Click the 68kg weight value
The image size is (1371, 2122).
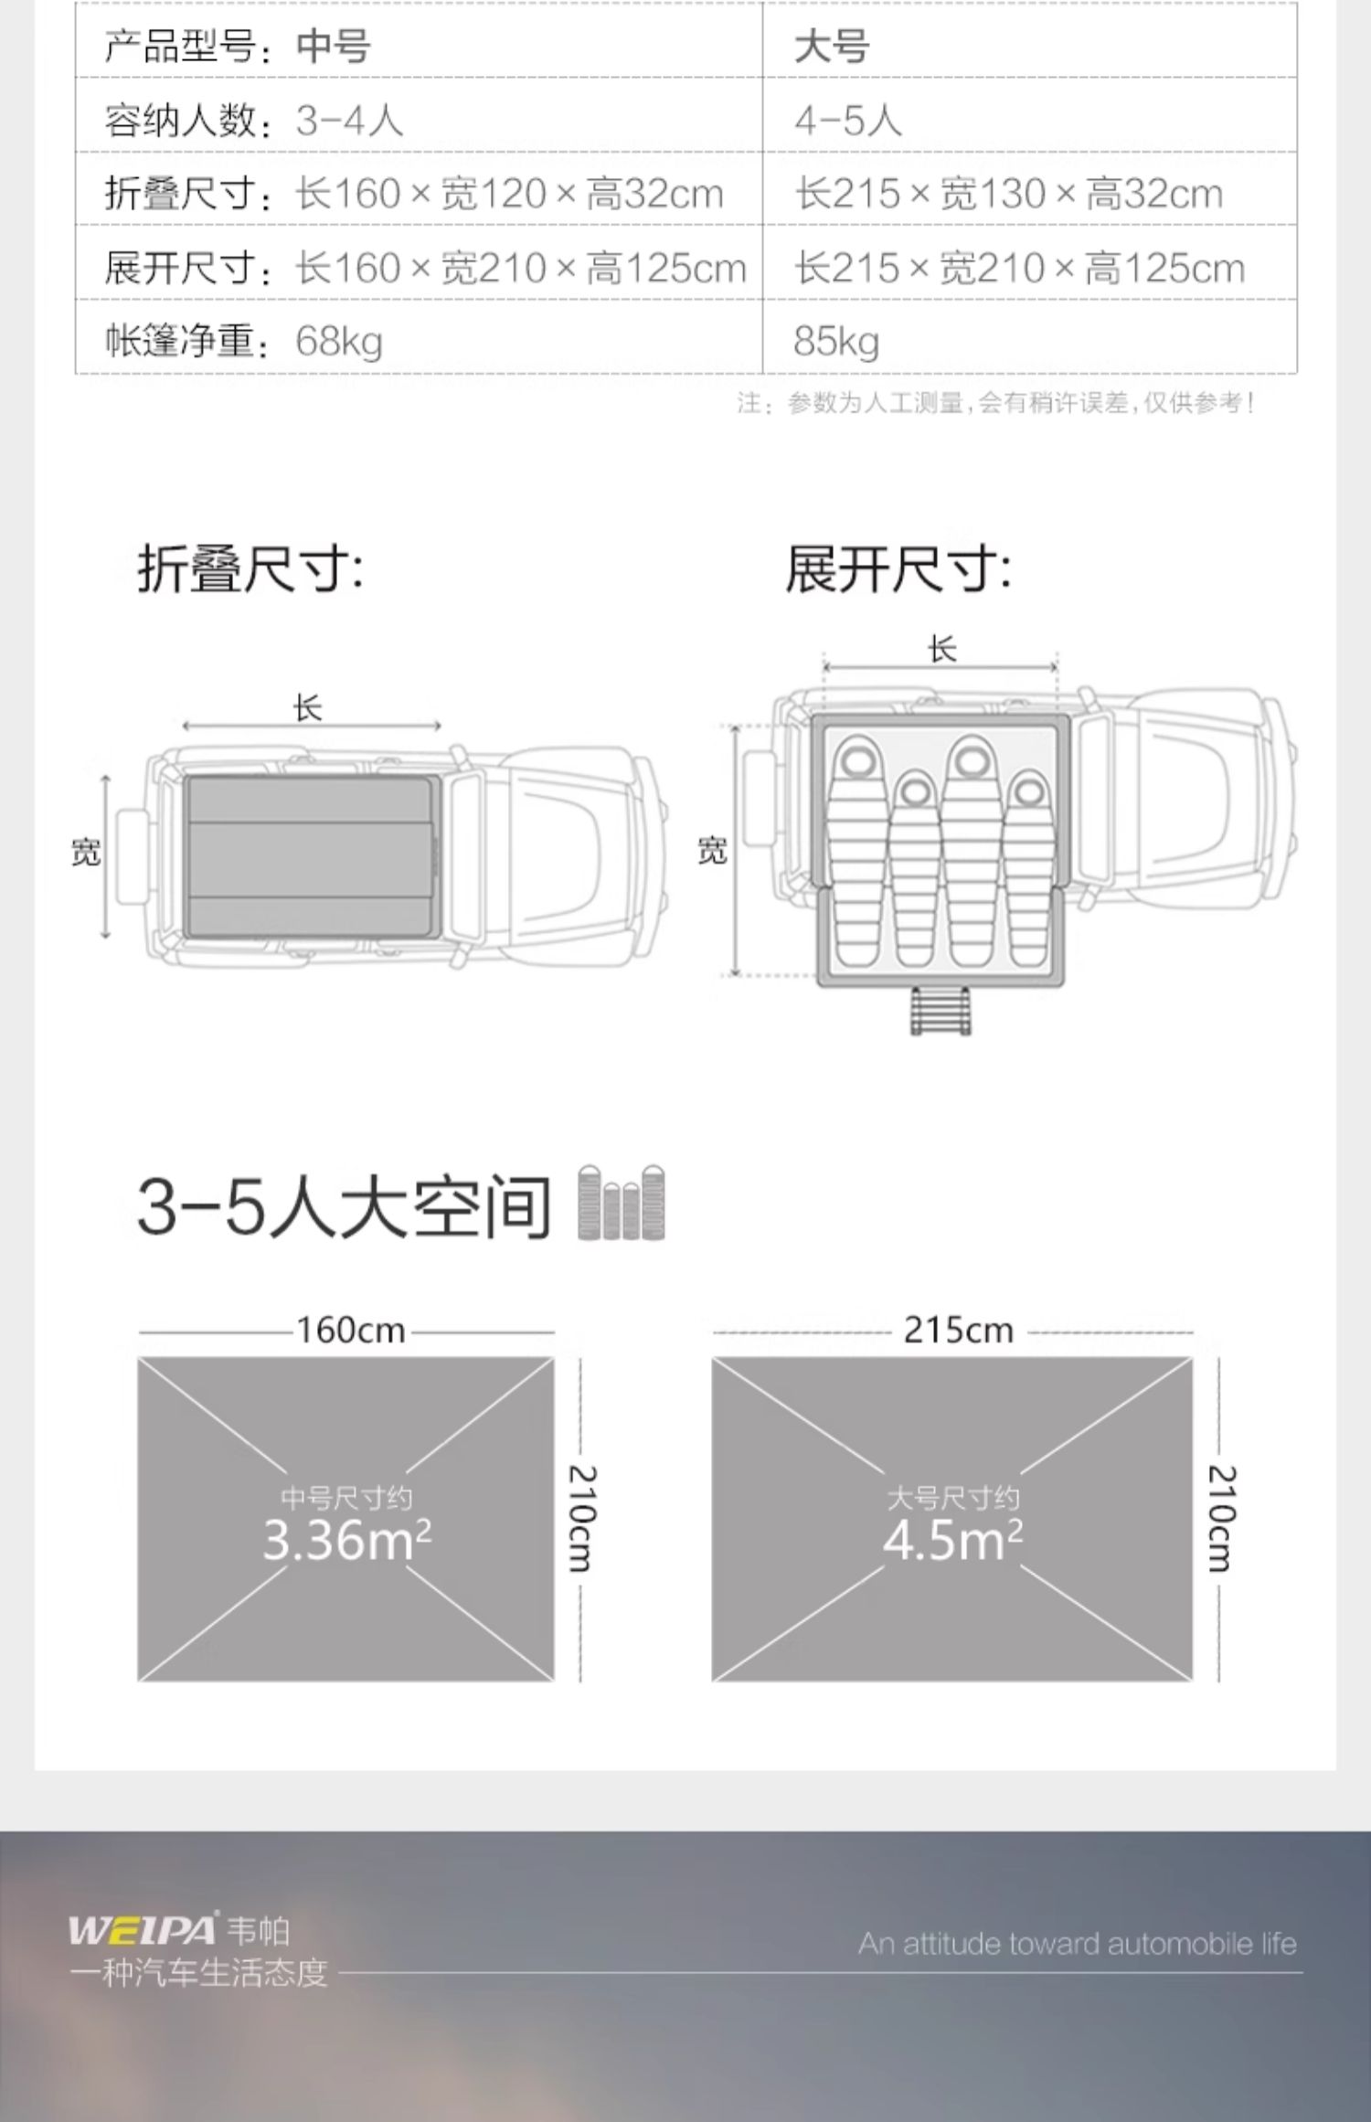point(338,341)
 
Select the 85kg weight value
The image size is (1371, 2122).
point(836,341)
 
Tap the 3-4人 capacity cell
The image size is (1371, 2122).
point(349,121)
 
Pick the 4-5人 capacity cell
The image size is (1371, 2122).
point(847,121)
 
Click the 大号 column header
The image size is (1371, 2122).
point(831,47)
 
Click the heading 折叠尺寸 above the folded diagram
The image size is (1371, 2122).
point(250,569)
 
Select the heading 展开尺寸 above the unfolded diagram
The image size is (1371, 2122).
point(898,569)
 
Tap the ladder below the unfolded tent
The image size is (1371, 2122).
point(941,1011)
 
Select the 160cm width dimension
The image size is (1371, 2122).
point(350,1331)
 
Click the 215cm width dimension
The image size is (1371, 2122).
point(959,1331)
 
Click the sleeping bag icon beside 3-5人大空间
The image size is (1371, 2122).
point(622,1203)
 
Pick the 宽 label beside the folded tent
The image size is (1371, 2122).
point(86,853)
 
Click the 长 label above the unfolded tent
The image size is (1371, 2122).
point(942,650)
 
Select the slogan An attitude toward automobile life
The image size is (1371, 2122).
point(1077,1944)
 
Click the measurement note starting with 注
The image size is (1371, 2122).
point(996,403)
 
